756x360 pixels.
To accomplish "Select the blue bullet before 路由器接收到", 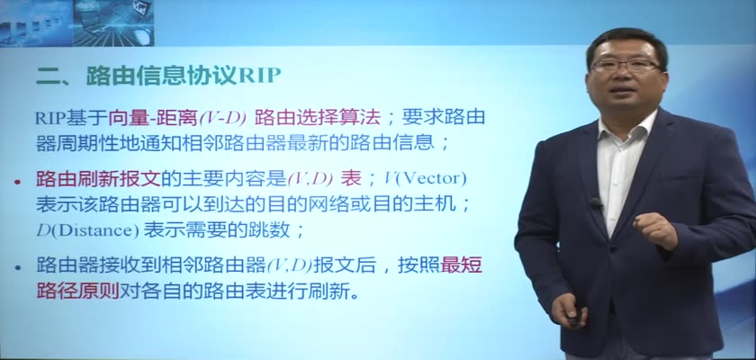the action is click(x=18, y=267).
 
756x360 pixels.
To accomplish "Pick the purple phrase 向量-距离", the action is click(x=153, y=118).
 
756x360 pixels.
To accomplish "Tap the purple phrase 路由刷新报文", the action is click(x=98, y=179).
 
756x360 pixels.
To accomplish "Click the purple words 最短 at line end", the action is click(x=462, y=265).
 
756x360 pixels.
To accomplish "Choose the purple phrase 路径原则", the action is click(x=77, y=291).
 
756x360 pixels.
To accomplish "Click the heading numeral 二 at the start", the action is click(x=47, y=76).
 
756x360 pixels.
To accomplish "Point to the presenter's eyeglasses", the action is click(x=625, y=65).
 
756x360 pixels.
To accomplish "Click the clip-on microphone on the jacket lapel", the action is click(x=596, y=203).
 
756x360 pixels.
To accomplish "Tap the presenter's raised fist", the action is click(x=655, y=230).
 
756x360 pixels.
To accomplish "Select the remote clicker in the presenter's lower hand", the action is click(x=575, y=319).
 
